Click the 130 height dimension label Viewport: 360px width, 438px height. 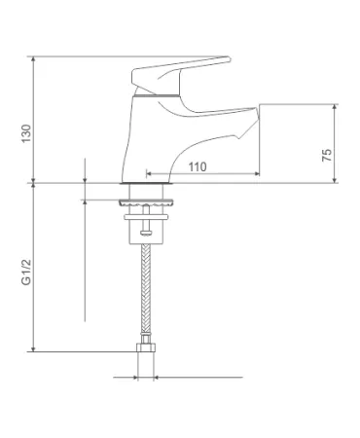[x=26, y=133]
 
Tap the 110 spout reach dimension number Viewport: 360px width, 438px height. [x=198, y=167]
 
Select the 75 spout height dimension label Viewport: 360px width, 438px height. [x=327, y=155]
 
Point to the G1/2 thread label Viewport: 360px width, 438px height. [x=26, y=272]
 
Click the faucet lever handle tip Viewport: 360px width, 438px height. [x=228, y=59]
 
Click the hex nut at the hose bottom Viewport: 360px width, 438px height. [x=146, y=347]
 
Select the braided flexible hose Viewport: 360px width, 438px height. [x=146, y=288]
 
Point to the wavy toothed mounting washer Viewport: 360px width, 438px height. [x=146, y=202]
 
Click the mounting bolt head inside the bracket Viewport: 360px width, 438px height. [x=146, y=232]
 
